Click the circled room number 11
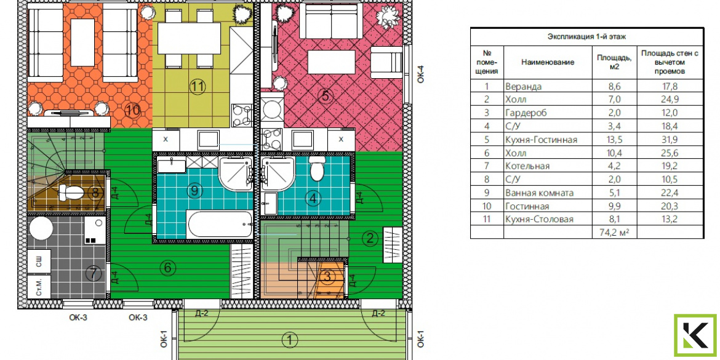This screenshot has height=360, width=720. pos(198,86)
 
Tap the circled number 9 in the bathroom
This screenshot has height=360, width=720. pos(194,190)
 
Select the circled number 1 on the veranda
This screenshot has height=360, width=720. pos(289,340)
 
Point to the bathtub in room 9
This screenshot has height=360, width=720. pos(220,224)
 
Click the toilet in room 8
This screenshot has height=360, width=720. pos(71,191)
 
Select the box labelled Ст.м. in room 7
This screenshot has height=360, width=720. pos(39,287)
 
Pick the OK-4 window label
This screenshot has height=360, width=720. pos(420,74)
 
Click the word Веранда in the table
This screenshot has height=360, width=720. pos(523,86)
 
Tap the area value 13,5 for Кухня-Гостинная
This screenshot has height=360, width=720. pos(614,140)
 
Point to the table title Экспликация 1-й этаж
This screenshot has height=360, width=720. pos(587,37)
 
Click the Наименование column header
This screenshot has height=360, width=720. pos(548,62)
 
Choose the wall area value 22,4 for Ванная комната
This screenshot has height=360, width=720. pos(670,193)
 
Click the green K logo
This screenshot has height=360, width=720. pos(695,335)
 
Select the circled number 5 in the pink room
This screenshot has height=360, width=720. pos(325,96)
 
